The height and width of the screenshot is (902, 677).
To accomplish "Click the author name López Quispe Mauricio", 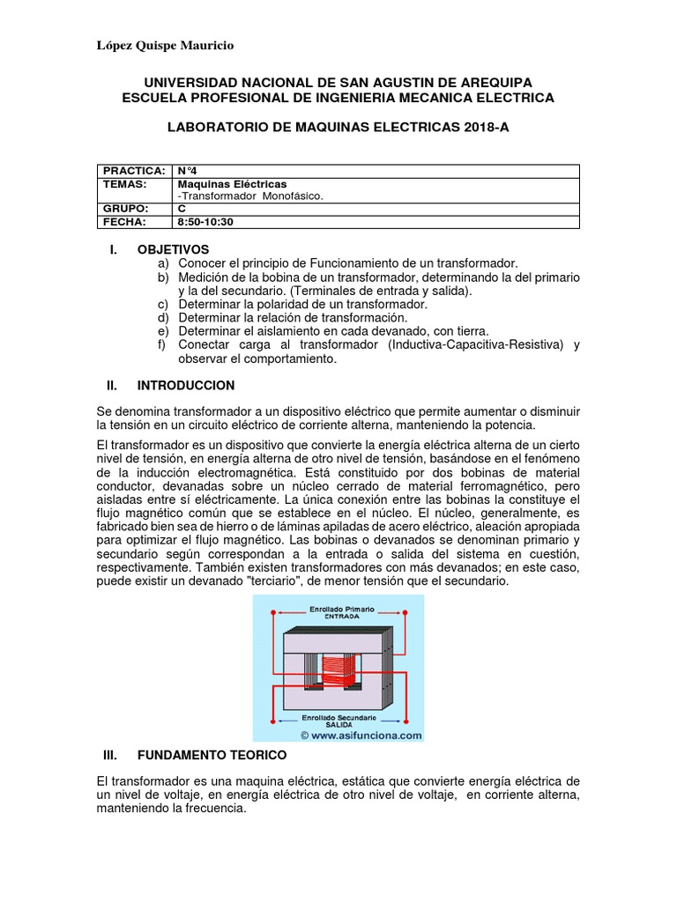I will pos(165,46).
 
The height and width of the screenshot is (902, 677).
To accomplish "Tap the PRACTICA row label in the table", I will pos(134,170).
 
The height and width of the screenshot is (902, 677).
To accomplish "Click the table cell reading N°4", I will pos(189,170).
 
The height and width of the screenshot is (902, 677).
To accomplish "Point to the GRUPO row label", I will pos(126,209).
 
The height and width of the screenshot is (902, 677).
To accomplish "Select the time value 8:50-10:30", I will pos(212,222).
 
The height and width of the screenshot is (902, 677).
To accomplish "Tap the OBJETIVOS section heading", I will pos(173,249).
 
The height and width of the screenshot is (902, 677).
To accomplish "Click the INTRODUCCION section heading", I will pos(186,385).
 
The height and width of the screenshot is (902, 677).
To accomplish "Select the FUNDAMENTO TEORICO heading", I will pos(212,755).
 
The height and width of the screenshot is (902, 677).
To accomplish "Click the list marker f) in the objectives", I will pos(161,345).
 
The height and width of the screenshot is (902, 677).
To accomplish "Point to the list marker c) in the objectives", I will pos(161,304).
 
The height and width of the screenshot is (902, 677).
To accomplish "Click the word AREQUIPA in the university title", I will pos(492,82).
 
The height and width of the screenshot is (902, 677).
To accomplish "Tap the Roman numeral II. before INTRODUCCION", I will pos(111,385).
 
